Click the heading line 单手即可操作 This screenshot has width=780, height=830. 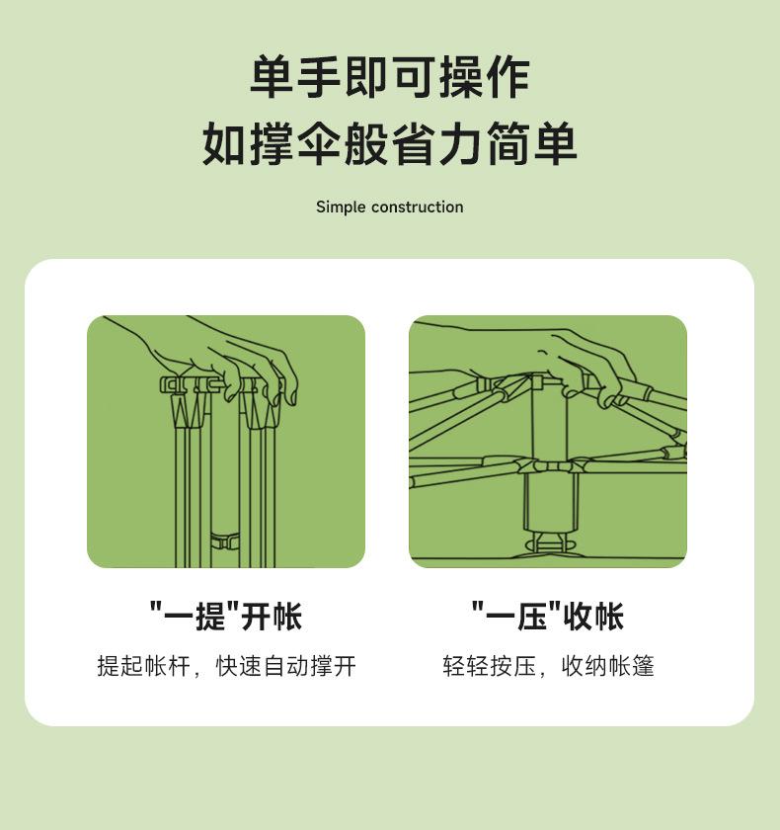[389, 78]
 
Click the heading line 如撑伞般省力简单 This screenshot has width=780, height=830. [389, 144]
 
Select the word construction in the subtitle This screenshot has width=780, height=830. [417, 207]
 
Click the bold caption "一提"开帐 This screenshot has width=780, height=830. [226, 617]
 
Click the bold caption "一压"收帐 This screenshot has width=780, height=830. [547, 617]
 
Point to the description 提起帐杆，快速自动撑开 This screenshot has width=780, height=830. [226, 666]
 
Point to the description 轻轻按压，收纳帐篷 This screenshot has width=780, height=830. [548, 666]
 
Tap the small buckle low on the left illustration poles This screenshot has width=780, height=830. [225, 540]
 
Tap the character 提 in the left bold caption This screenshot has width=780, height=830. [210, 617]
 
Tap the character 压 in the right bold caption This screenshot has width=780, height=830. [531, 617]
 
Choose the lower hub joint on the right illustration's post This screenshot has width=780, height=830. [549, 466]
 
